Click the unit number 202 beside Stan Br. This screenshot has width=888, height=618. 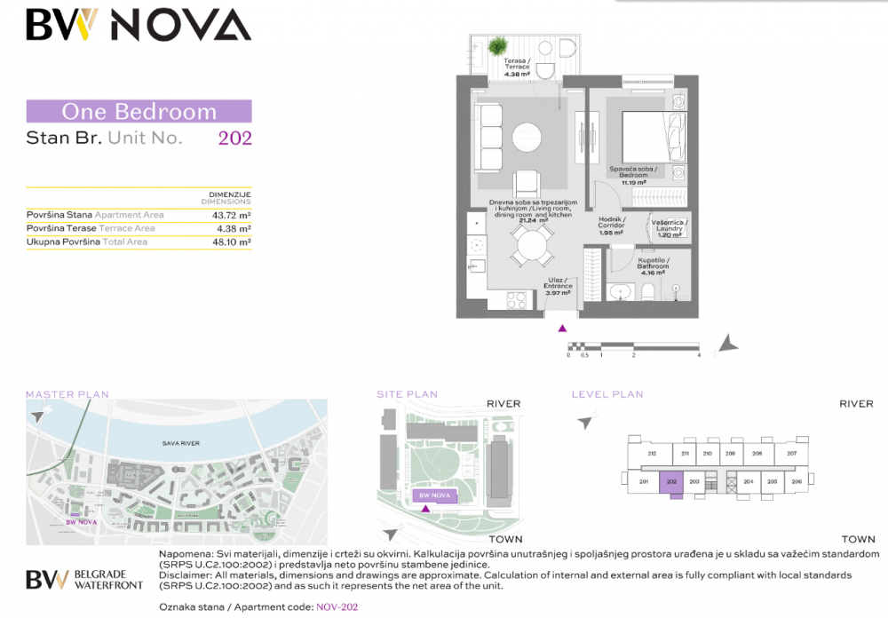235,138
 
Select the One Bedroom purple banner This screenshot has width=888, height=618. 139,112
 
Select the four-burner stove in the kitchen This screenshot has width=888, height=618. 518,301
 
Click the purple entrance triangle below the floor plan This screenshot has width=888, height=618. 561,328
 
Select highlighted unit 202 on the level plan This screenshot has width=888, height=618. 672,482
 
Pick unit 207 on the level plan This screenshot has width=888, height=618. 791,454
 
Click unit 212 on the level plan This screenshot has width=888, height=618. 652,454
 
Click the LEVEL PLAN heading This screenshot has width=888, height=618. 607,394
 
